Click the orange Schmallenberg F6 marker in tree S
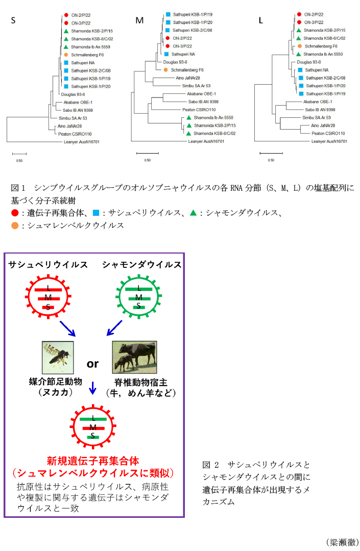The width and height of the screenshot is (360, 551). coord(67,54)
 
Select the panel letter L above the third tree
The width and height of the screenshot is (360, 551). coord(261,21)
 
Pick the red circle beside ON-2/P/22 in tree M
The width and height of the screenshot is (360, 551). coord(167,38)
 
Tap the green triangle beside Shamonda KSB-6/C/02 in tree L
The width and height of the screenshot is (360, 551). coord(299,38)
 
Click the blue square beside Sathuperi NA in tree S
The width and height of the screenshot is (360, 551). coord(67,62)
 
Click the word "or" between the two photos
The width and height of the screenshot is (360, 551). coord(92,364)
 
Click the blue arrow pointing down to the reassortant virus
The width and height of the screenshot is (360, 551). coord(92,388)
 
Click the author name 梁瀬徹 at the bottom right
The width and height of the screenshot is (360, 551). coord(342,541)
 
